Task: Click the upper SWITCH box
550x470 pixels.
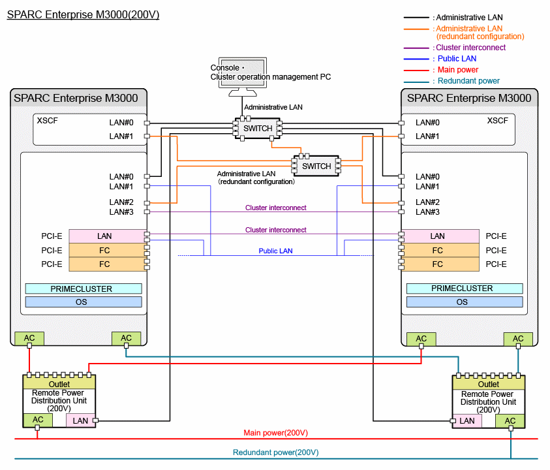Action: click(258, 129)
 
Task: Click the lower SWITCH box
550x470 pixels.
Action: click(316, 166)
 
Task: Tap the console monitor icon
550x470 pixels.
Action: click(243, 76)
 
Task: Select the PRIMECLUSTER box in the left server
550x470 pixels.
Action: click(84, 289)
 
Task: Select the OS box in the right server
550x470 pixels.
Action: click(465, 302)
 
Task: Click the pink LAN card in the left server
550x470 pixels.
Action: click(108, 236)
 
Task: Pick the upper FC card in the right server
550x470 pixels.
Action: click(440, 250)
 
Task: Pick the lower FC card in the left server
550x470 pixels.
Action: click(108, 264)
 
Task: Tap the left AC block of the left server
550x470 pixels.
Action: click(29, 338)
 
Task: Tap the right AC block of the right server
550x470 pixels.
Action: click(518, 339)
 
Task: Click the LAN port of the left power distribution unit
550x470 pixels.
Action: click(81, 420)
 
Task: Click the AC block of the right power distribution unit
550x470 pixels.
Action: click(510, 421)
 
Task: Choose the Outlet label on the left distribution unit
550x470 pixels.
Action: click(59, 384)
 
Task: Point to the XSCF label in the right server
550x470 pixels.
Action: click(497, 121)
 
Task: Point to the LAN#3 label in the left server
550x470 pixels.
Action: click(121, 212)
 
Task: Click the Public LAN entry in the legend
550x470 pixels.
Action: click(457, 59)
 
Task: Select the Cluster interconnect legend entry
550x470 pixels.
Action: click(470, 48)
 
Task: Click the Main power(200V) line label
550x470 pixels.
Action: click(276, 433)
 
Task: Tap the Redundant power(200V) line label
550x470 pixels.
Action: click(276, 452)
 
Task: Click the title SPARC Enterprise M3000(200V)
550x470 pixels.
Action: click(83, 15)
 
